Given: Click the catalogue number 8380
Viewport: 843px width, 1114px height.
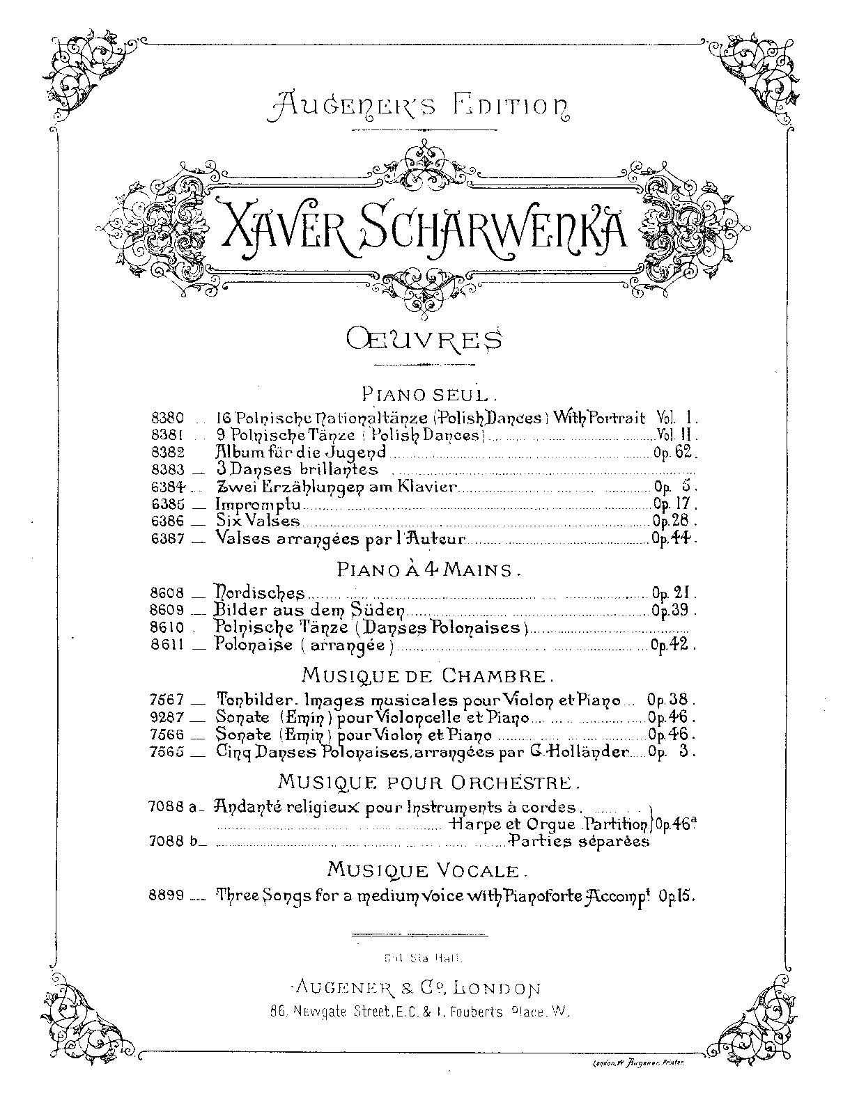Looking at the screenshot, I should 167,418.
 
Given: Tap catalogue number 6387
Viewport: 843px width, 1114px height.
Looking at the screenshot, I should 167,538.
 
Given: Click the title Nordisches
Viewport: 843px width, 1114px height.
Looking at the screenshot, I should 261,593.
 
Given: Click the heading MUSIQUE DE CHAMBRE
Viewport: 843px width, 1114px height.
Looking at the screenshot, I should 428,675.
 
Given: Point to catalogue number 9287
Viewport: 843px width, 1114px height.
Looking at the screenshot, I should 167,716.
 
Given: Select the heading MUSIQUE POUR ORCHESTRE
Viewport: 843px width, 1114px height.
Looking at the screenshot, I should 429,782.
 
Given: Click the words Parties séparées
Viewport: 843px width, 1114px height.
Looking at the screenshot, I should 580,841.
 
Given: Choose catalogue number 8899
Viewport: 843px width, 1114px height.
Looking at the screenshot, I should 167,896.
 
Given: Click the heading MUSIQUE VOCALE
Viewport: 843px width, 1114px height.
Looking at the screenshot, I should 425,870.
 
